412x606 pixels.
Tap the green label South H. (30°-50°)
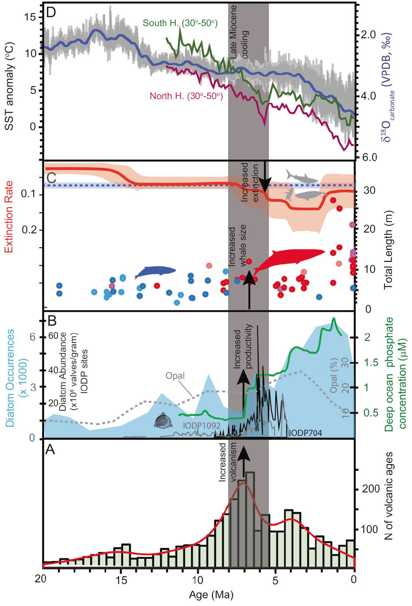(x=180, y=23)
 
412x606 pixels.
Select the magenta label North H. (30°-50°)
(x=186, y=96)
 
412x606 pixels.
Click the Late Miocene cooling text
(x=238, y=33)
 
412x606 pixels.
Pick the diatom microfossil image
(x=164, y=421)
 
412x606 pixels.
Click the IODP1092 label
(x=202, y=426)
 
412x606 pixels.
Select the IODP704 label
(x=305, y=433)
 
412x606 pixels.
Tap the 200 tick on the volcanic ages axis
(x=371, y=489)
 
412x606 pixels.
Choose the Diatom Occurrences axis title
(x=10, y=378)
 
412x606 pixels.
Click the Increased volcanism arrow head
(x=243, y=453)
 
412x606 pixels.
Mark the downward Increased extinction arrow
(x=264, y=177)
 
